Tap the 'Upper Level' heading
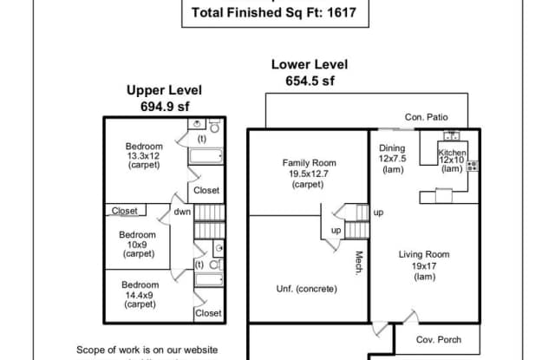pos(164,89)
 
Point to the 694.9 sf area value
pos(164,104)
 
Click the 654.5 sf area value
pos(310,81)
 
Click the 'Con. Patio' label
pos(426,117)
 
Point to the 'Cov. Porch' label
pos(439,339)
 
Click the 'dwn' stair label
pos(181,211)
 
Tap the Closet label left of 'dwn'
pos(125,210)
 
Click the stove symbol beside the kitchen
pos(472,166)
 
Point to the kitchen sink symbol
pos(451,135)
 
